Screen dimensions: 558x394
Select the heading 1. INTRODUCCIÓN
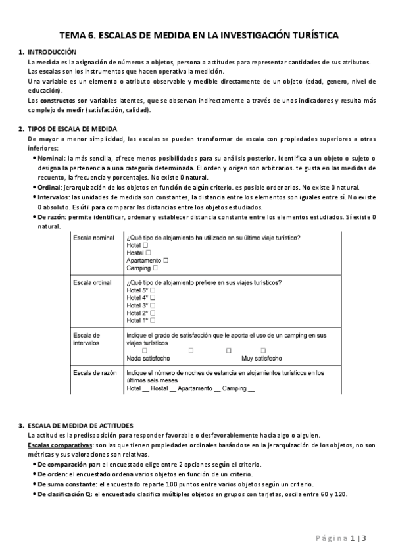point(52,52)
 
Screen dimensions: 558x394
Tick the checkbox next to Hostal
point(148,253)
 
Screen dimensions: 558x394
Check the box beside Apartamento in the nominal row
point(166,261)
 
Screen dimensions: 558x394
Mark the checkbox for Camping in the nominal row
point(155,268)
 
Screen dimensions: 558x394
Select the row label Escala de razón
point(95,373)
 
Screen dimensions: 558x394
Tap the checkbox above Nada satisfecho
point(136,351)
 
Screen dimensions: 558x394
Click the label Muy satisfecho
point(262,359)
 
